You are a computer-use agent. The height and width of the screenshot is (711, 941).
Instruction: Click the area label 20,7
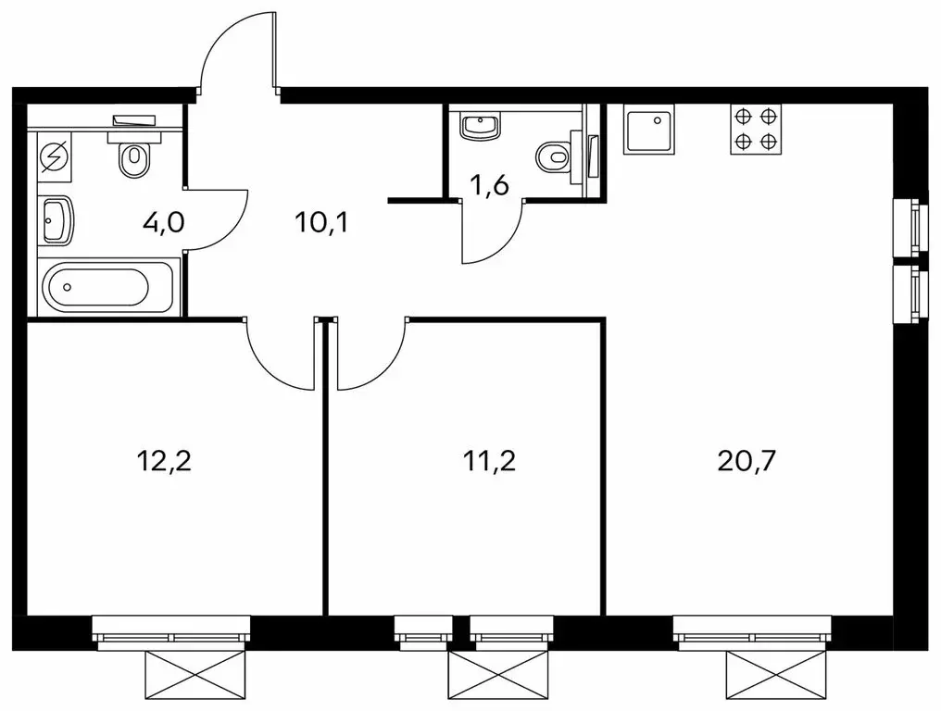point(747,461)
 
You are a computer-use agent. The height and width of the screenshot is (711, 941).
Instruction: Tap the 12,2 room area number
point(164,461)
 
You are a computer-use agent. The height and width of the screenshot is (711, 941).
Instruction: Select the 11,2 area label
point(489,461)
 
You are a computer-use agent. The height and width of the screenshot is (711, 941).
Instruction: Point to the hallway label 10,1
point(321,222)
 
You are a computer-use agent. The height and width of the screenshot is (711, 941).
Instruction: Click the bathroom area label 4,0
point(163,222)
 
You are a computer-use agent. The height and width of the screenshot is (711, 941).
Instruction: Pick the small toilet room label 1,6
point(489,186)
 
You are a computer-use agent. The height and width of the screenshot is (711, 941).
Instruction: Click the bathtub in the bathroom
point(108,287)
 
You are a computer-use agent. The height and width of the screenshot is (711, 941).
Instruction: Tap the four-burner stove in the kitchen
point(756,129)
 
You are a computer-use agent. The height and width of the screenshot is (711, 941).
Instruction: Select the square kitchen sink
point(648,129)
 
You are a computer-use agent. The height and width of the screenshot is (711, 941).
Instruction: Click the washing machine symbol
point(55,157)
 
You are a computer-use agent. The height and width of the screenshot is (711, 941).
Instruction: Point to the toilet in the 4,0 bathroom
point(134,155)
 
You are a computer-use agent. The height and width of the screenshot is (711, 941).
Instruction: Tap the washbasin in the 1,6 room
point(480,127)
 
